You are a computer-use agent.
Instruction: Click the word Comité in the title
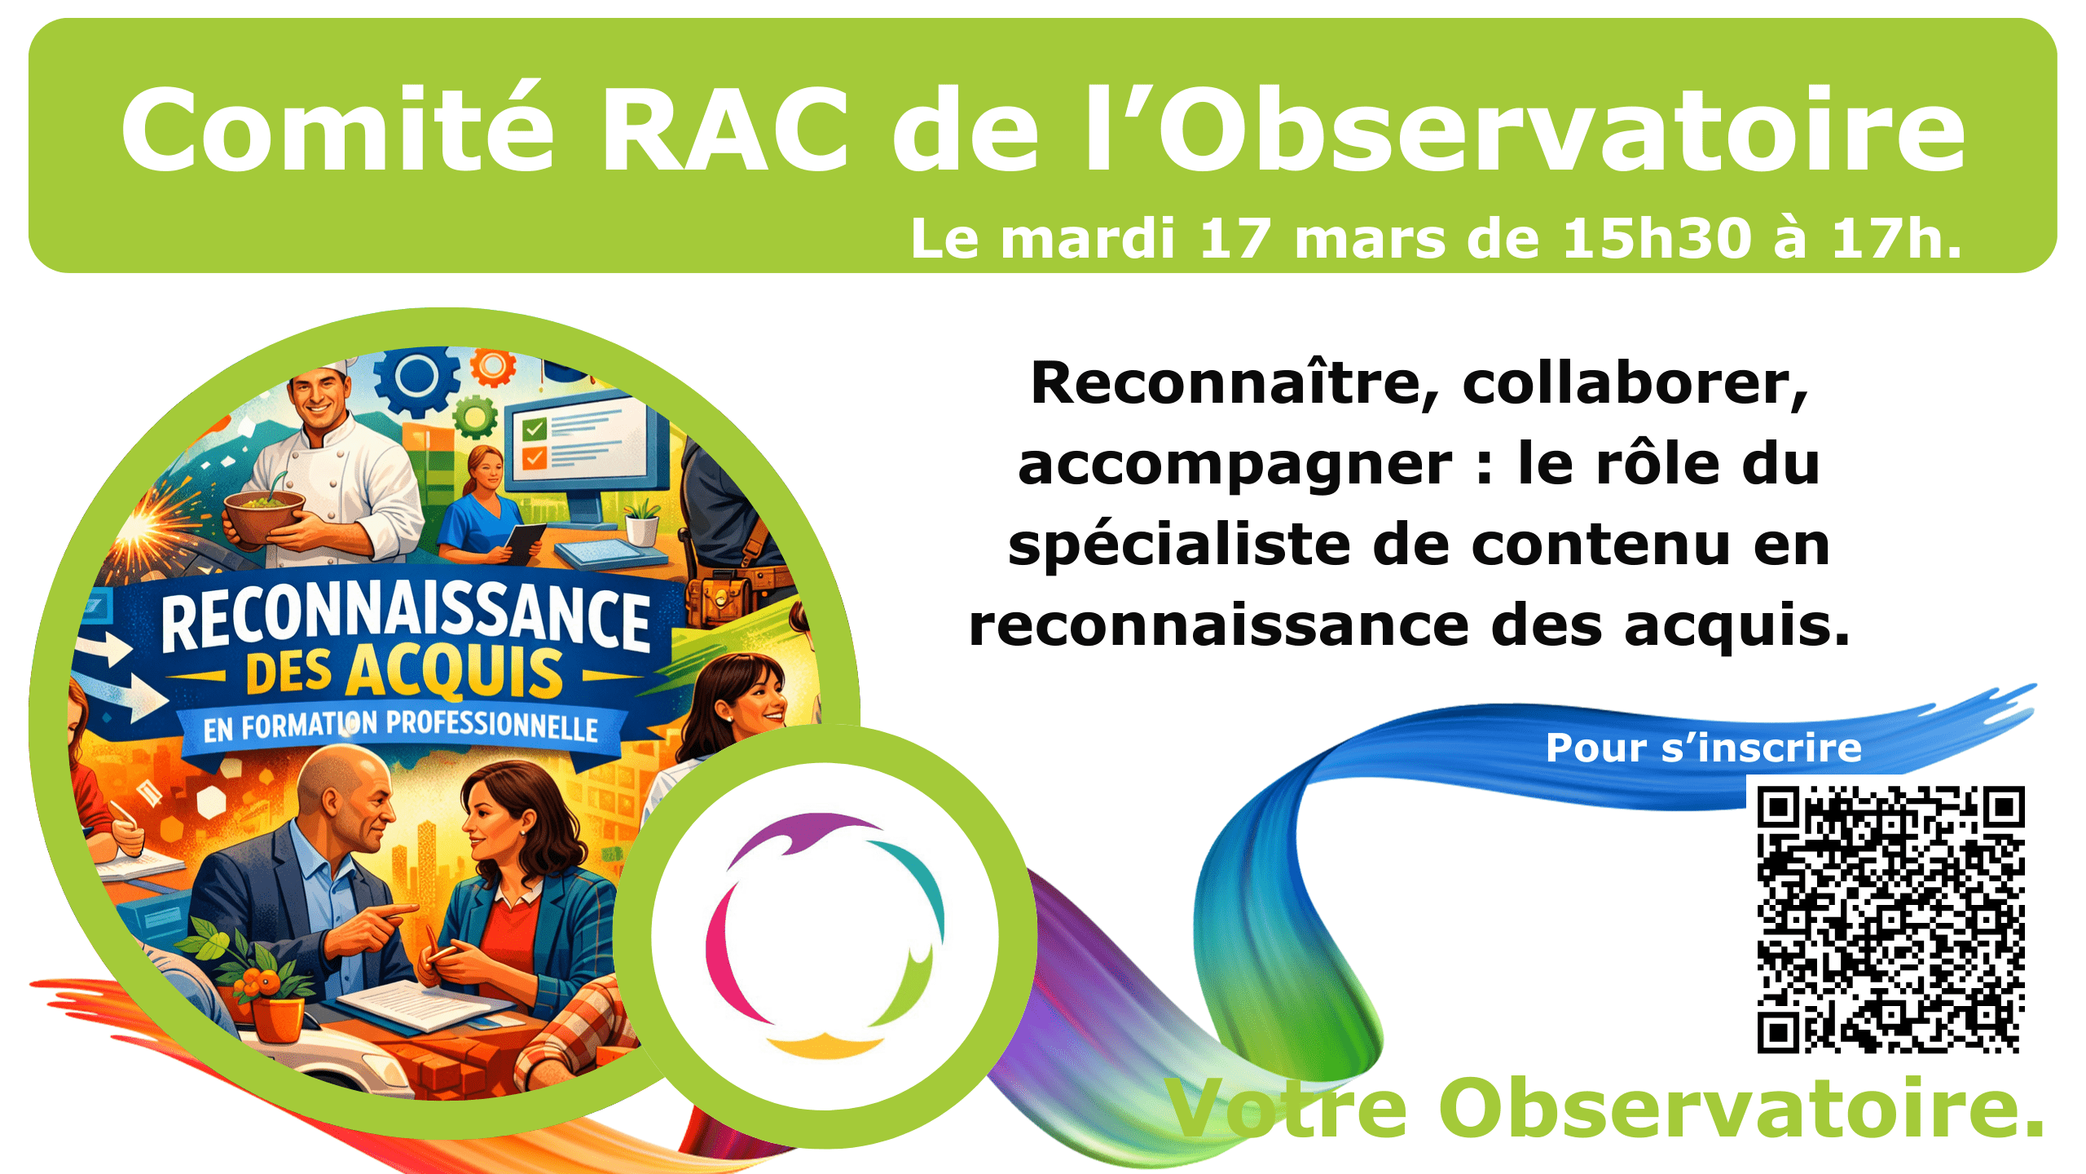(337, 130)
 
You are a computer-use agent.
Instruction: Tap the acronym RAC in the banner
(724, 130)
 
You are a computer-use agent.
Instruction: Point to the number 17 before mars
(1235, 239)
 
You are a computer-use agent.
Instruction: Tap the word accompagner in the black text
(1235, 464)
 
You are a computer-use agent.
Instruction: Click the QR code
(1890, 919)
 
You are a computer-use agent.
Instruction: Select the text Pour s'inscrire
(1703, 748)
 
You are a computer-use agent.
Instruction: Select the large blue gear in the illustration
(416, 379)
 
